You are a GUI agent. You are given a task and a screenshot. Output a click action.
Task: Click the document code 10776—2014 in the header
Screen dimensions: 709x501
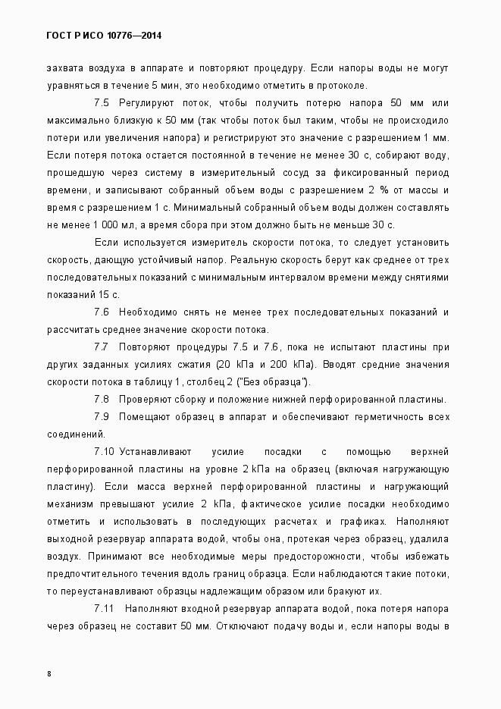click(137, 36)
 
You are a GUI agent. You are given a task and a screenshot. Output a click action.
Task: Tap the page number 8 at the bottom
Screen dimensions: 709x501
click(49, 673)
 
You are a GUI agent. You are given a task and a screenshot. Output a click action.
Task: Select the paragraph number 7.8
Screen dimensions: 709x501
click(102, 399)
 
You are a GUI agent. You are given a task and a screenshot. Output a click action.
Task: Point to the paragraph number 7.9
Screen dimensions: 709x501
click(102, 416)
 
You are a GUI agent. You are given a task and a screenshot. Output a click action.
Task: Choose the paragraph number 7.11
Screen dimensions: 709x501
click(105, 609)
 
